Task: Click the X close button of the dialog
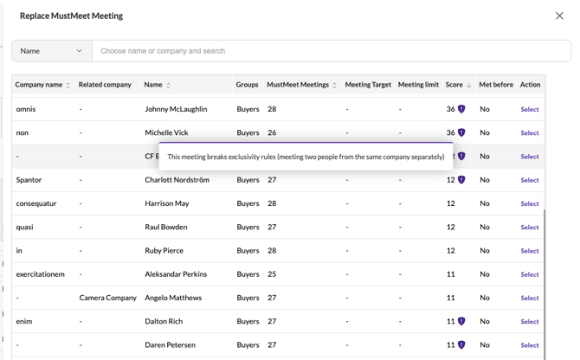tap(559, 16)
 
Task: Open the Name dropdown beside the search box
tap(52, 51)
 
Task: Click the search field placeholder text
tap(163, 51)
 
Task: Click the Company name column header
tap(39, 85)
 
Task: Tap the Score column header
tap(454, 85)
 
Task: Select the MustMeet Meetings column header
tap(298, 85)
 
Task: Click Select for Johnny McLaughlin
tap(530, 109)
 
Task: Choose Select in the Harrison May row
tap(530, 203)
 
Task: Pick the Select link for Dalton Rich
tap(530, 322)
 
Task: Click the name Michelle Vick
tap(166, 132)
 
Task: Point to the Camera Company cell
tap(108, 298)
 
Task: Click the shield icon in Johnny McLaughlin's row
tap(461, 109)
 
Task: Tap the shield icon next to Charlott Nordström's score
tap(461, 180)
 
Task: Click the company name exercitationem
tap(41, 274)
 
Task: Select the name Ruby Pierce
tap(164, 251)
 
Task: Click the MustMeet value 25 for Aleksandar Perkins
tap(272, 274)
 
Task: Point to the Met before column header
tap(496, 85)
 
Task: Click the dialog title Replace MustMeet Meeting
tap(71, 16)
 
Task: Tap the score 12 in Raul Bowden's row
tap(450, 227)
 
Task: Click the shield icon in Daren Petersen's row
tap(461, 344)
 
